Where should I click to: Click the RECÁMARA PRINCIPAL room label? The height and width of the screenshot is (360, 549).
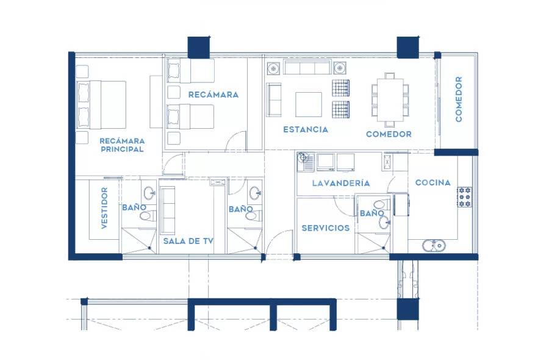(122, 145)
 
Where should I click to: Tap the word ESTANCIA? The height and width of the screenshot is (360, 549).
(306, 129)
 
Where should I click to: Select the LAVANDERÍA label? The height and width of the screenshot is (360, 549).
(340, 183)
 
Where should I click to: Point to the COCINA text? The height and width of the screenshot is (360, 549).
(433, 182)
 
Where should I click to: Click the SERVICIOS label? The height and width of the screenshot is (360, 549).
(326, 228)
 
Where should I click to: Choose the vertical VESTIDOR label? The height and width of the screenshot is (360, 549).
(104, 208)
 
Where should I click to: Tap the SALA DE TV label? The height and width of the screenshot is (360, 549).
(188, 242)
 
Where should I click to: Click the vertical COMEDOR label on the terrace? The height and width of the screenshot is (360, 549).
(459, 99)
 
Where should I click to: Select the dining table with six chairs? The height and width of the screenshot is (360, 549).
(390, 99)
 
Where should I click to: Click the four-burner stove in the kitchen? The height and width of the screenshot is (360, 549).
(465, 197)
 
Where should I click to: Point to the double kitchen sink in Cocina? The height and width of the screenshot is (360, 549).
(434, 245)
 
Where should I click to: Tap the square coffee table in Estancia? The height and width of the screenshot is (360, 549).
(309, 104)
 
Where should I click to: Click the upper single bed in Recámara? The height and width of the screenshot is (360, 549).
(192, 72)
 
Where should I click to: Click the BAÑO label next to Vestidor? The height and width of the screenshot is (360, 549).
(133, 208)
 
